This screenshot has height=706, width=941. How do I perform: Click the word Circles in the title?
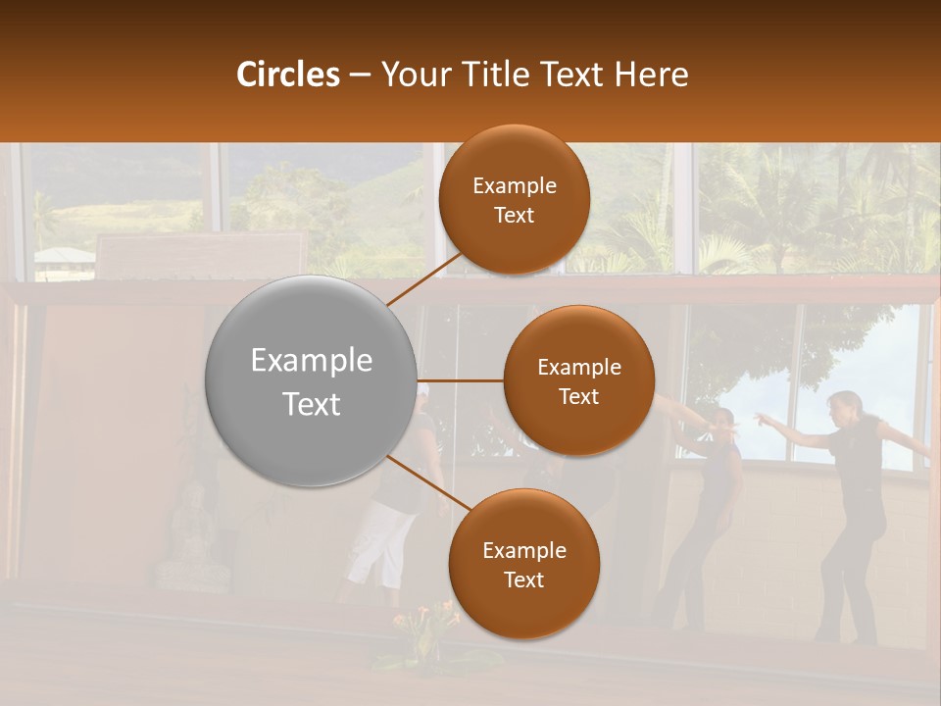[x=287, y=75]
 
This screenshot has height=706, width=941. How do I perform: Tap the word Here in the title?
[x=651, y=75]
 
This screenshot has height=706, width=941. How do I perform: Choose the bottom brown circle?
[x=523, y=608]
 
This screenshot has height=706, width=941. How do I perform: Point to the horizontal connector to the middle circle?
[x=461, y=380]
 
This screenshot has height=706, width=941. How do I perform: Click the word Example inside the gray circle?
[x=311, y=361]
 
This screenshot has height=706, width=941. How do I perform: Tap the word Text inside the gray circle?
[x=311, y=404]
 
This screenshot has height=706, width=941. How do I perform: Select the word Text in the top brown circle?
[x=514, y=215]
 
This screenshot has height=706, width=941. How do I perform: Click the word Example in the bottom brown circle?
[x=523, y=550]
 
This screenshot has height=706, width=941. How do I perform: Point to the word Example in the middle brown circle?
[x=578, y=367]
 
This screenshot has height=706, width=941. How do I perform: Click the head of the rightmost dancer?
[x=844, y=404]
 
